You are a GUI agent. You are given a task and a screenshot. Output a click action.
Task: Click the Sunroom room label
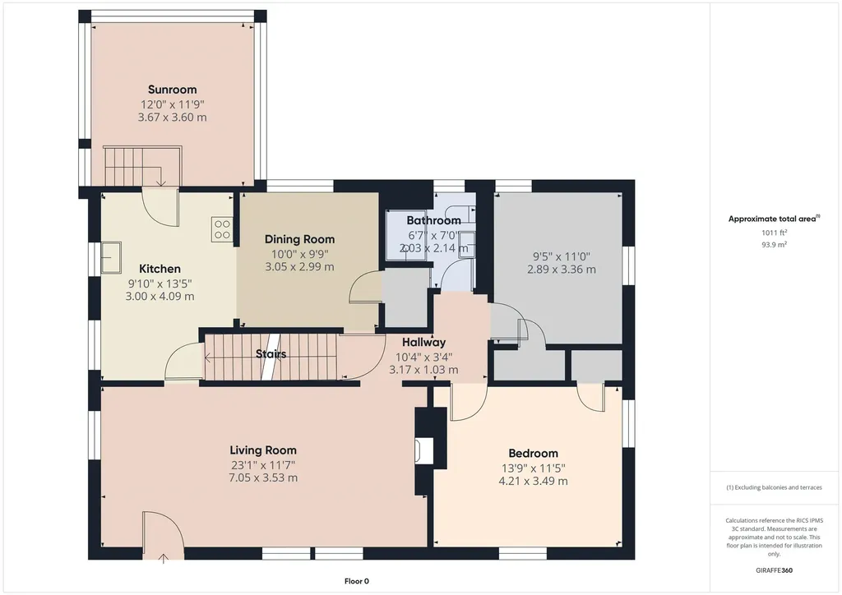pos(173,90)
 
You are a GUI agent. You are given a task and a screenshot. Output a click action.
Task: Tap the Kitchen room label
pos(160,269)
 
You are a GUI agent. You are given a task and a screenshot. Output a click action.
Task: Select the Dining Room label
pos(299,239)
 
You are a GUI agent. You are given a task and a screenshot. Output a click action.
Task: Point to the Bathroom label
pos(433,220)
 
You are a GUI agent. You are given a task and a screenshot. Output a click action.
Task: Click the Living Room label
pos(263,450)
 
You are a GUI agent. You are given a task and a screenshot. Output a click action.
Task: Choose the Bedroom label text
pos(533,454)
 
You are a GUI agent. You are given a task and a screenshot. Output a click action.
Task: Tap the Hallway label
pos(423,343)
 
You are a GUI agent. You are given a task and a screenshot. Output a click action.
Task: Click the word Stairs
pos(271,354)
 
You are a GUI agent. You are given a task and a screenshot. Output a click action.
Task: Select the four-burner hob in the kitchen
pos(222,229)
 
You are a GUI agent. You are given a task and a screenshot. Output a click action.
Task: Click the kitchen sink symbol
pos(112,257)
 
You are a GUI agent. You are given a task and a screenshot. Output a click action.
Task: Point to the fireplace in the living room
pos(425,450)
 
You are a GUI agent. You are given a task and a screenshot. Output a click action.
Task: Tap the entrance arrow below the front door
pos(164,558)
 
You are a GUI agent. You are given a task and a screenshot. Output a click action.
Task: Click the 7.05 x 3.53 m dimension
pos(263,478)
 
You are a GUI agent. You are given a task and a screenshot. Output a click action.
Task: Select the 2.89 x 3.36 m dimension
pos(561,270)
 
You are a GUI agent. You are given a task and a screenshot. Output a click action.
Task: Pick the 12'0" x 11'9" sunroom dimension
pos(173,104)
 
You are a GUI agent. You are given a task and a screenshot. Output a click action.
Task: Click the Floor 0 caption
pos(357,581)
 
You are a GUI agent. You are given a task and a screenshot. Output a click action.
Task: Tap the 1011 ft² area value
pos(774,233)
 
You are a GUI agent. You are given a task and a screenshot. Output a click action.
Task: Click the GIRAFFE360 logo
pos(774,570)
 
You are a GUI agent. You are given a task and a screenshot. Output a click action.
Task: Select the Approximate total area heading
pos(774,219)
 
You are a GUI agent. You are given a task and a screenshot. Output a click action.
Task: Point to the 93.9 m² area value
pos(774,245)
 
